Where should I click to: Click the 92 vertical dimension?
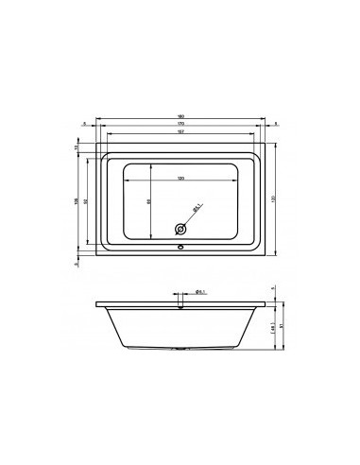coord(87,200)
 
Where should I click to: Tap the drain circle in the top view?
coord(179,228)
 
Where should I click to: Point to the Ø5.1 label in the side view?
coord(200,293)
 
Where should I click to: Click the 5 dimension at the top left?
coord(85,123)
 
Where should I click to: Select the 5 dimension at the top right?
coord(275,123)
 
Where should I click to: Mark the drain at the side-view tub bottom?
coord(179,349)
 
